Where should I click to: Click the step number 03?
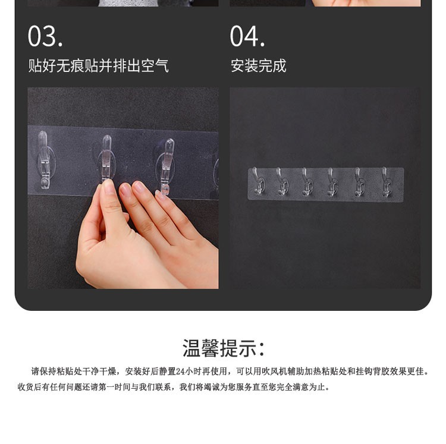pos(45,36)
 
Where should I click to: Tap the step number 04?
pos(247,36)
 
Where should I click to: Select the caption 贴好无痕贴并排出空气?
pos(98,65)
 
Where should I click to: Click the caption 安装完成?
pos(258,65)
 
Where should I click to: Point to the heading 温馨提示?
pos(224,348)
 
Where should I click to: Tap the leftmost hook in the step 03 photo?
pos(44,160)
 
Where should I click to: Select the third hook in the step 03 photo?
pos(167,166)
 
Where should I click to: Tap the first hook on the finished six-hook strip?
pos(259,181)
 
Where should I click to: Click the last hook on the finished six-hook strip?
pos(385,182)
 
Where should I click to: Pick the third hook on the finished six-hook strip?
pos(306,181)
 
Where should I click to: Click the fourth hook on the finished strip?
pos(331,182)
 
